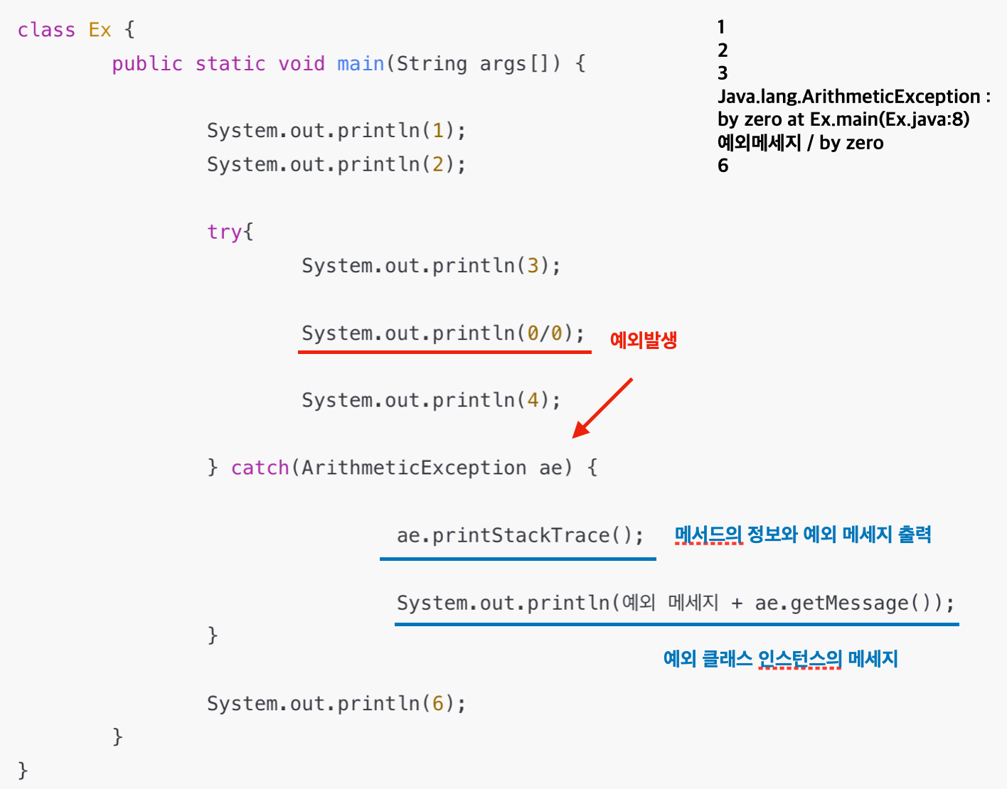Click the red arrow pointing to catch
click(602, 408)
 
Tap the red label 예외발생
click(643, 340)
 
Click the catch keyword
click(260, 468)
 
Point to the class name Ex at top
click(100, 30)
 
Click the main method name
click(361, 63)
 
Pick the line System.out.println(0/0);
click(442, 333)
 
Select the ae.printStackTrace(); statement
click(520, 535)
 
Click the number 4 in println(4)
click(533, 400)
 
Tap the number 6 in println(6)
click(438, 704)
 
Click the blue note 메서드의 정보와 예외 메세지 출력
click(802, 535)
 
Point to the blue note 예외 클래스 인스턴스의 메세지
click(780, 659)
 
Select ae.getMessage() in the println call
click(842, 603)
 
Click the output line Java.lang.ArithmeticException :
click(853, 97)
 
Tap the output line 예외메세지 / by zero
click(800, 143)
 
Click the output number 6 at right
click(723, 166)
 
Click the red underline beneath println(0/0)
click(444, 351)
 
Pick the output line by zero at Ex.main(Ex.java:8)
click(843, 119)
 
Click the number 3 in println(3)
click(533, 266)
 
